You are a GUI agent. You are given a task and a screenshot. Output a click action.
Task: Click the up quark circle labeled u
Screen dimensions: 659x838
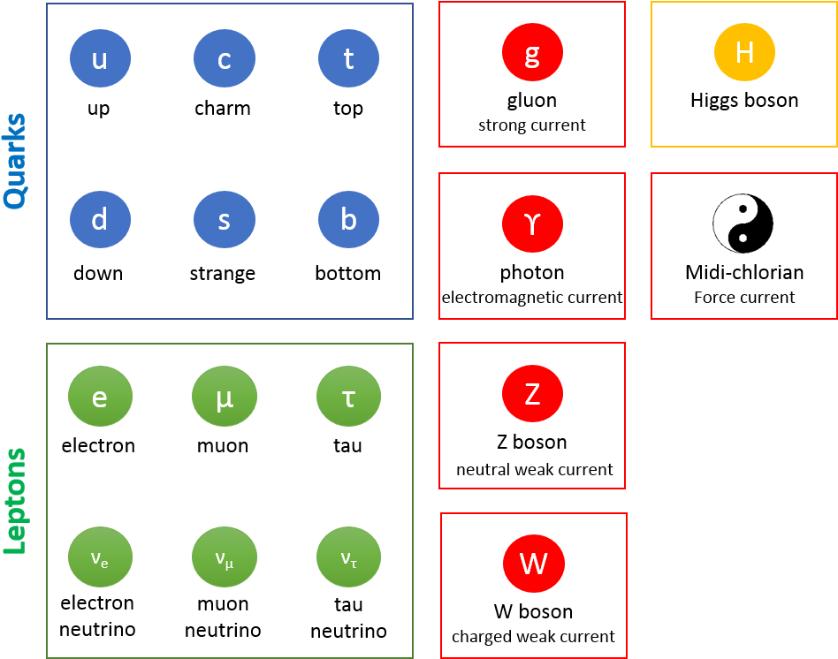click(100, 59)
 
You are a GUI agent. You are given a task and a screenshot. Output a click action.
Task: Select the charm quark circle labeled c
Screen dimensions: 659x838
click(225, 59)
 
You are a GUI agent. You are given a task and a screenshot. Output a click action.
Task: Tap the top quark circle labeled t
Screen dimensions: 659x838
click(349, 59)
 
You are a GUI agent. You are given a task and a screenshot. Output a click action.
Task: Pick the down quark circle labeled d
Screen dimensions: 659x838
click(100, 220)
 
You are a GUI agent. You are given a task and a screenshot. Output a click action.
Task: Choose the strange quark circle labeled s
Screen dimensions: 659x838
click(225, 220)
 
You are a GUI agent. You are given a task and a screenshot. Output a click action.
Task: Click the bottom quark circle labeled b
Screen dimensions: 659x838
click(349, 220)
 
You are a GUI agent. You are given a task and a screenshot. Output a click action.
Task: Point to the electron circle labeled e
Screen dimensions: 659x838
click(100, 397)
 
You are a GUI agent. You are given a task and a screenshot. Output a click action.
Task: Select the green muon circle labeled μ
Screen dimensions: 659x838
click(225, 397)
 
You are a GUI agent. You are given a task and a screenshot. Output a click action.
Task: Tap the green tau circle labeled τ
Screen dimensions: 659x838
click(349, 397)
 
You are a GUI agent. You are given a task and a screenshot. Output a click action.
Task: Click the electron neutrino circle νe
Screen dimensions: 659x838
click(100, 557)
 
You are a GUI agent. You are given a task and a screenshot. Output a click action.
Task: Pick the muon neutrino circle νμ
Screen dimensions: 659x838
click(225, 557)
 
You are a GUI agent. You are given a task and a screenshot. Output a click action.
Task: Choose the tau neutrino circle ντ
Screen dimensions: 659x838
click(349, 557)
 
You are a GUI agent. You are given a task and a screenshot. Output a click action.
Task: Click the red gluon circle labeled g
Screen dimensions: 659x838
click(532, 52)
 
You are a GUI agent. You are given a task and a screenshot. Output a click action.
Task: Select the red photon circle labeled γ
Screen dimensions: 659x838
click(532, 223)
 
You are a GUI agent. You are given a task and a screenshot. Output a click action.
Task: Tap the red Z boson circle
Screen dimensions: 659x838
click(532, 393)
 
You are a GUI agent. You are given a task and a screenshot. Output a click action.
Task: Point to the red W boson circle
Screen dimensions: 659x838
click(534, 564)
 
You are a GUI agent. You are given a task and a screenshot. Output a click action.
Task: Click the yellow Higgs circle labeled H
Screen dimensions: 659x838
click(744, 52)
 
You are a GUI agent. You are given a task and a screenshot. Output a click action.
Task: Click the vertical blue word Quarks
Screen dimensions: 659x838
click(15, 160)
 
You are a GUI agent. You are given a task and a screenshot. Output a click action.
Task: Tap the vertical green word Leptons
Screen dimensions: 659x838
click(15, 501)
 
